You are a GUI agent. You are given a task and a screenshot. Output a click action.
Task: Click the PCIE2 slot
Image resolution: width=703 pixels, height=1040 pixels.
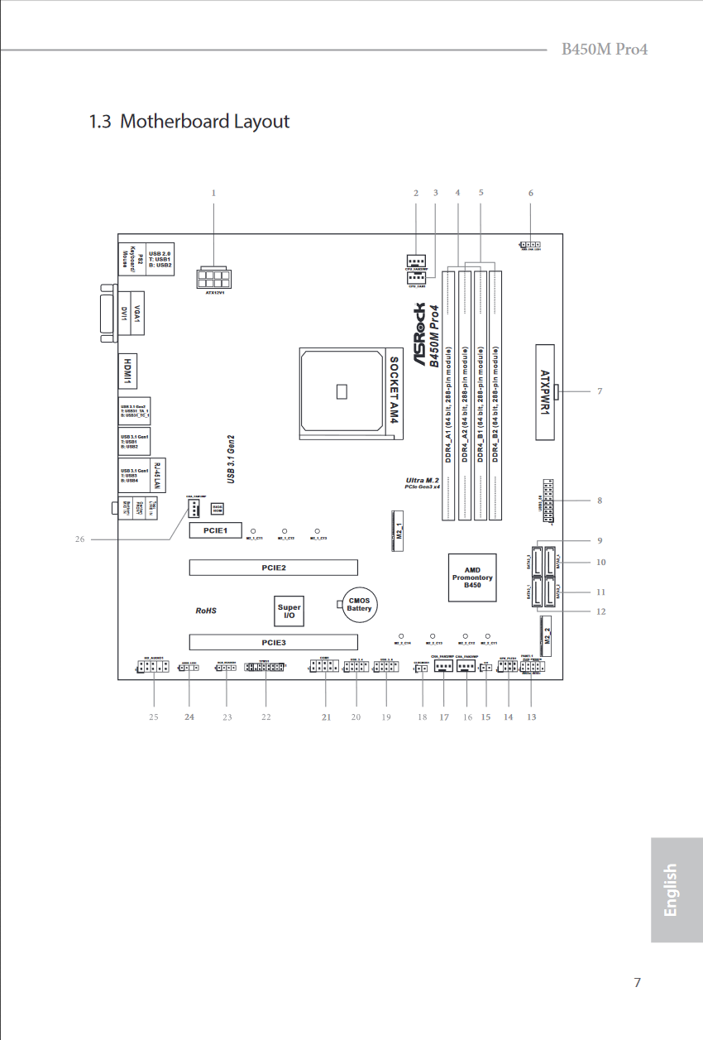273,568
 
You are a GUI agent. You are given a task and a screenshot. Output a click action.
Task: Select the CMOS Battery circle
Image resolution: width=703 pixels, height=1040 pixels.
359,604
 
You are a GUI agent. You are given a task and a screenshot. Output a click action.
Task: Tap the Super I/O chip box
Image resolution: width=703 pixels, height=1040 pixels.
289,611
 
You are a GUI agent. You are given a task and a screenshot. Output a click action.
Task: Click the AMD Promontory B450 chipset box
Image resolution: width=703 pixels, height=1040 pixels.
472,578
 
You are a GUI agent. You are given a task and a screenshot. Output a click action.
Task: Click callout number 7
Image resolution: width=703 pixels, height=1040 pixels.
600,391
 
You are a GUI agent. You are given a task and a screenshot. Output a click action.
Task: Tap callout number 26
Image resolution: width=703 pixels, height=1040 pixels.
80,539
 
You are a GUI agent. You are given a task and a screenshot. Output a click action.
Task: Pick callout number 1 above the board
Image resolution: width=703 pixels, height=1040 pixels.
213,194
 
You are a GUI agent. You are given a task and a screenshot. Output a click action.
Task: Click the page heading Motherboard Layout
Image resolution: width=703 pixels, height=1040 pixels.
189,122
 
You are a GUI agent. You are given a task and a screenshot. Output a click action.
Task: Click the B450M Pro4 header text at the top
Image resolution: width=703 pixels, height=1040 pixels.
605,49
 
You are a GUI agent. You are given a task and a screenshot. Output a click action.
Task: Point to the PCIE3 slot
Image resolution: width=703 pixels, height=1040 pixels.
273,642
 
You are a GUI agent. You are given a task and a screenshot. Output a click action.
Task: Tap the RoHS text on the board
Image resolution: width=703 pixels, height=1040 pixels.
205,611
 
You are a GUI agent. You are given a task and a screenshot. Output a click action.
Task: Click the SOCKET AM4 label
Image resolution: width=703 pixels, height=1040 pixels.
395,391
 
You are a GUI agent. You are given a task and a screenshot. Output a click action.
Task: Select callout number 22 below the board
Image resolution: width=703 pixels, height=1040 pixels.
266,716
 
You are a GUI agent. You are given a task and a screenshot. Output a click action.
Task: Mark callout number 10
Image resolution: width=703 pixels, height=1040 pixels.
600,563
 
